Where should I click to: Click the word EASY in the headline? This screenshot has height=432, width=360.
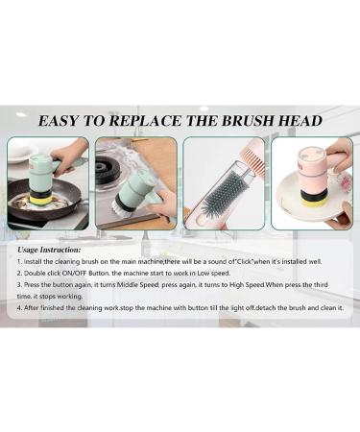(x=58, y=121)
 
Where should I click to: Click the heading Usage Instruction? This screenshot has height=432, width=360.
(x=49, y=250)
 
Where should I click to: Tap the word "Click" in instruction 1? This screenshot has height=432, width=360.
(x=245, y=261)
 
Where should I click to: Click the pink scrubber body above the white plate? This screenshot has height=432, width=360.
(x=312, y=166)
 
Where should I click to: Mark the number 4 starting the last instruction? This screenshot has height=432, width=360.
(x=19, y=308)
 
